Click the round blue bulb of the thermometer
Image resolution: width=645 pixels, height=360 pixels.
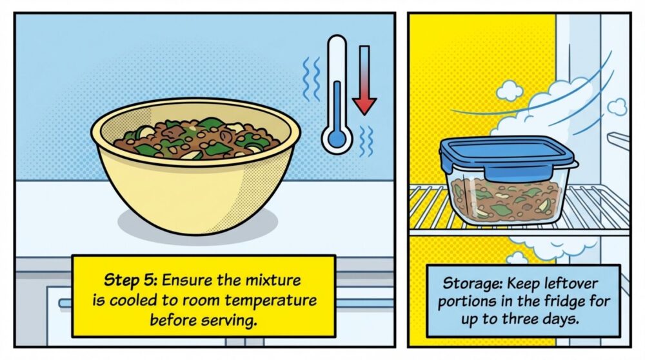(336, 138)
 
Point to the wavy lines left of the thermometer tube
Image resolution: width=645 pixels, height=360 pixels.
(309, 77)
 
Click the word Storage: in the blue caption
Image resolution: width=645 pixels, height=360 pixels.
(465, 284)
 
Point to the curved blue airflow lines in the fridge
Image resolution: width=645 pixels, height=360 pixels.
(568, 97)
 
